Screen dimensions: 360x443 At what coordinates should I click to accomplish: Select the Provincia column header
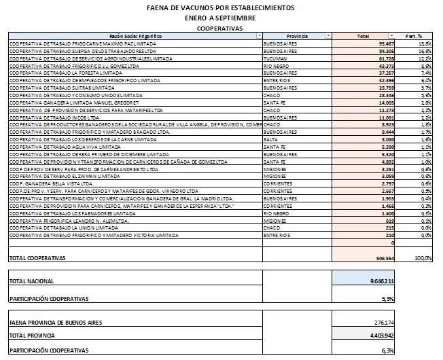click(x=297, y=36)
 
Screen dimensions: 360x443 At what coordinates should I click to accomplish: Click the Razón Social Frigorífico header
click(x=135, y=36)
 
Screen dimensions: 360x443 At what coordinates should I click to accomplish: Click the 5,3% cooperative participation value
click(x=387, y=298)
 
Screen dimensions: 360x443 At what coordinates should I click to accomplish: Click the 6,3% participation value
click(x=387, y=350)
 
